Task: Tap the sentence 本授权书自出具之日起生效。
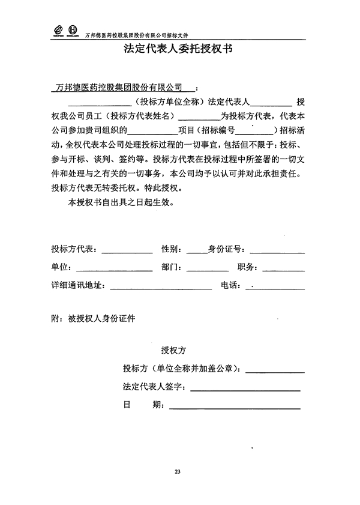point(121,202)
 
